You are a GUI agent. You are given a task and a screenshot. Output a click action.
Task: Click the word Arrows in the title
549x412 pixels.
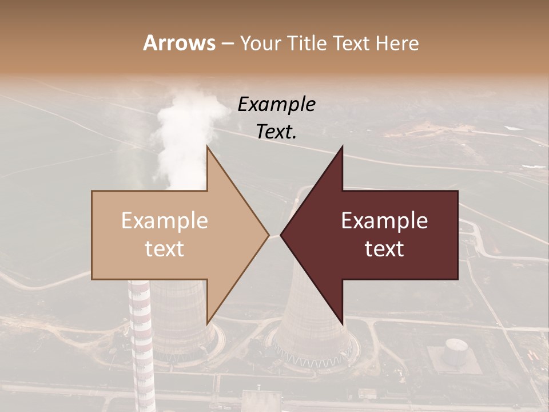click(x=179, y=43)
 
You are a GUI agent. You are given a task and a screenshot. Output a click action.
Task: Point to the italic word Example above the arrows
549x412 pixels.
click(x=276, y=104)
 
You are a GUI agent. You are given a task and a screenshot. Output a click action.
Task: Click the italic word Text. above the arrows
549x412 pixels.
click(x=276, y=132)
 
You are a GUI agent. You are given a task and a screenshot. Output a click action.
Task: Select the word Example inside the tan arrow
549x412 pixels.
click(x=164, y=220)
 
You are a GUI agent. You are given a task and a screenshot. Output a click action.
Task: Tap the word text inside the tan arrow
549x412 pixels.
click(x=164, y=248)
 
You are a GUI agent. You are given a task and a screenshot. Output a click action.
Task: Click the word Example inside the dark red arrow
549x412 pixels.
click(x=384, y=220)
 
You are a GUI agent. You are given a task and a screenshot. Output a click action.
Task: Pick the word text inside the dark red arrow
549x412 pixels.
click(x=384, y=248)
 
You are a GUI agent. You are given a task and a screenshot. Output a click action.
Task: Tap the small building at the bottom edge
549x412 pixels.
click(x=257, y=401)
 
